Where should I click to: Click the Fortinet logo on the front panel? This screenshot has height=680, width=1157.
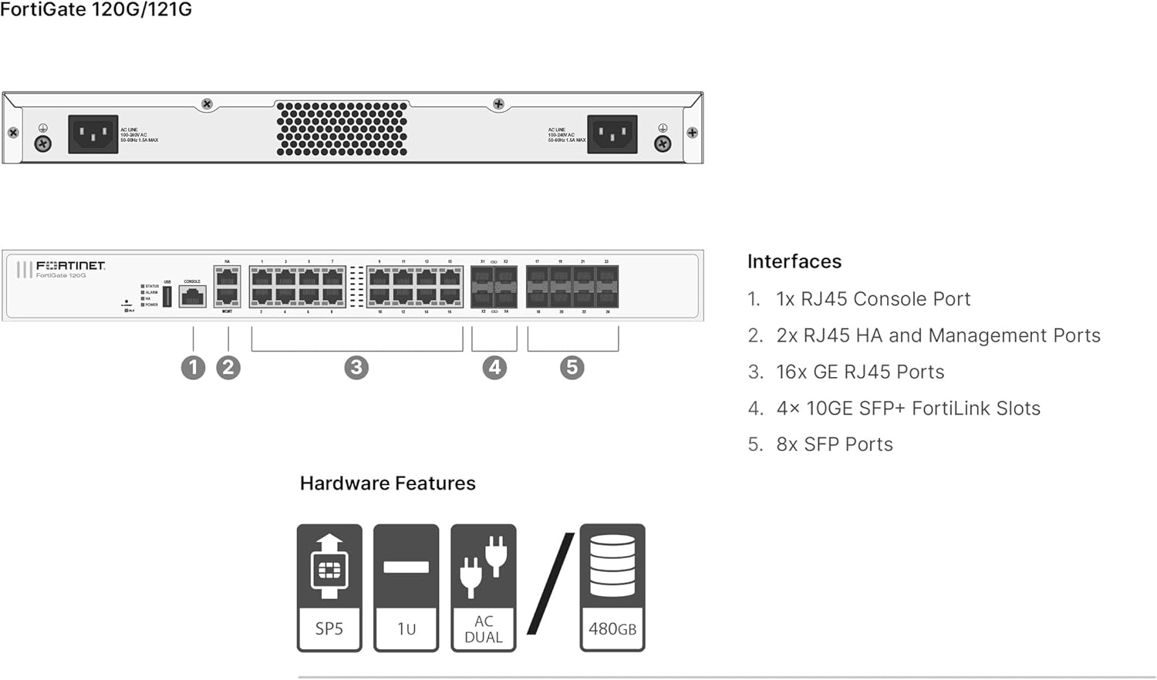(x=70, y=265)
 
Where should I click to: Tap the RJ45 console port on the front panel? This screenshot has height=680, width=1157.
(x=192, y=296)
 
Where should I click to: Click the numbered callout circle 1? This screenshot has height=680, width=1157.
(x=193, y=368)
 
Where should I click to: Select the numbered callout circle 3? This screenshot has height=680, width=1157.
(x=356, y=368)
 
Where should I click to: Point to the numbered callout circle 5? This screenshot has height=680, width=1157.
(x=572, y=368)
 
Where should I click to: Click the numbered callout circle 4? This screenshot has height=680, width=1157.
(x=494, y=368)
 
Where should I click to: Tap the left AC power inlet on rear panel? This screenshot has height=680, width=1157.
(x=93, y=134)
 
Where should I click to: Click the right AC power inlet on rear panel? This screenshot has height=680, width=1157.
(x=612, y=134)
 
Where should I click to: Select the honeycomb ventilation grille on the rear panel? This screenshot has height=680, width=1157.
(x=342, y=129)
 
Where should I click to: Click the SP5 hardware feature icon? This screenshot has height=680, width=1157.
(x=329, y=587)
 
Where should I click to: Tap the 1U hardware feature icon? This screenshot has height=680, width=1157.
(x=406, y=587)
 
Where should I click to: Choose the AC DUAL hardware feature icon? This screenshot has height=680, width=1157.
(x=484, y=587)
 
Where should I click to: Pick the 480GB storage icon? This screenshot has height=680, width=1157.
(x=612, y=587)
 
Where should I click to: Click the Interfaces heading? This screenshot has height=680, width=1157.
(x=794, y=261)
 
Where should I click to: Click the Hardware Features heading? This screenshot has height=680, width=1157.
(x=387, y=483)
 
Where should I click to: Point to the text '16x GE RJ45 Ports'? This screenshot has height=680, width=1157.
(x=859, y=372)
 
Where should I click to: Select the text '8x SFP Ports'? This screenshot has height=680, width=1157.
(x=834, y=444)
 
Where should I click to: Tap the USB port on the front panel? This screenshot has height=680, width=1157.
(x=167, y=296)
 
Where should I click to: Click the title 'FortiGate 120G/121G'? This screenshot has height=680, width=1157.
(x=96, y=10)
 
